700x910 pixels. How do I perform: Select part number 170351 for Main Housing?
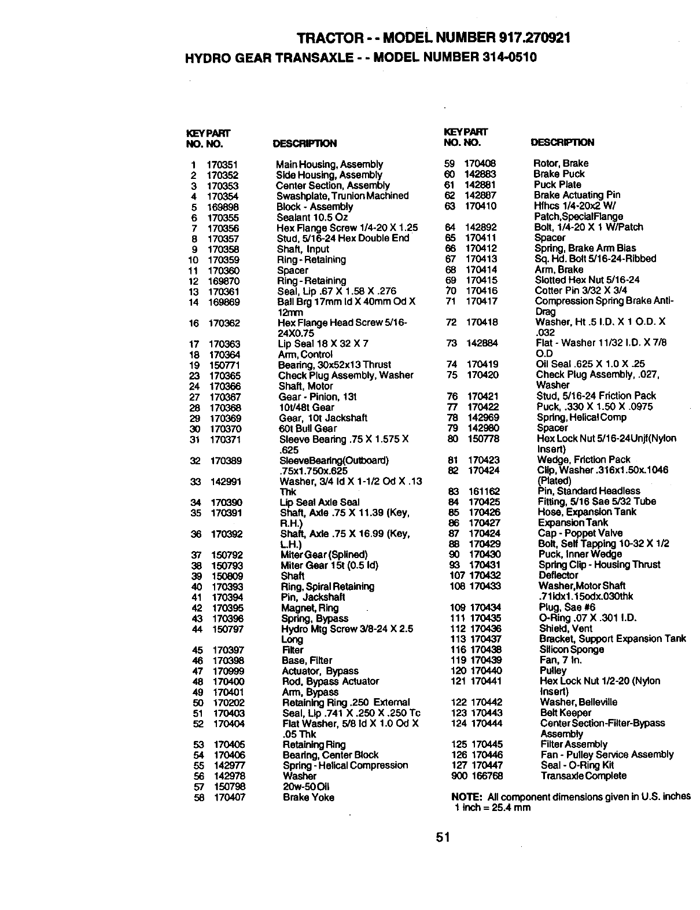[222, 164]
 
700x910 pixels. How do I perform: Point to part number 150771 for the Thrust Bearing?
[224, 365]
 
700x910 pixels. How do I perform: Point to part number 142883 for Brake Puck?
[481, 174]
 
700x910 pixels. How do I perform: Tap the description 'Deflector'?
[558, 575]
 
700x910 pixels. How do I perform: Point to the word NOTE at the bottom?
[465, 797]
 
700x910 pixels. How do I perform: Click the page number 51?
[444, 837]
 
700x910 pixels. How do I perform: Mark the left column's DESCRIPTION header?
[304, 144]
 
